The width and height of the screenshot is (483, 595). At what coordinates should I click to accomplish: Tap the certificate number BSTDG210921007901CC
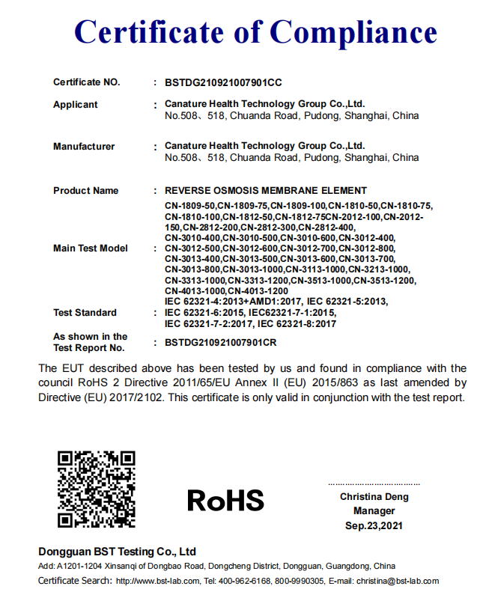coord(223,82)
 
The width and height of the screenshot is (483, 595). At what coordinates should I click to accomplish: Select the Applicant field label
coord(75,105)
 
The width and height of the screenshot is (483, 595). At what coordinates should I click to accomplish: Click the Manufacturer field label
coord(84,147)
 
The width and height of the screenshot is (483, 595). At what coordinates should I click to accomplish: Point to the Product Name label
coord(85,191)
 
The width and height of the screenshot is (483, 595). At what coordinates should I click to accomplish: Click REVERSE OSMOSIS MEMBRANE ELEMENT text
coord(266,191)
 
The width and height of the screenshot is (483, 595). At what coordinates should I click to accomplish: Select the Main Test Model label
coord(91,248)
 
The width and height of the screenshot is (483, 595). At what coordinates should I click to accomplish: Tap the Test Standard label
coord(85,313)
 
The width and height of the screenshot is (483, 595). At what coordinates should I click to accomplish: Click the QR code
coord(97,488)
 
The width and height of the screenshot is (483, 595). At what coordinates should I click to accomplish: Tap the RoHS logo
coord(225,499)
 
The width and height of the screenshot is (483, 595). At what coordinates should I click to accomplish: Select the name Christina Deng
coord(374,497)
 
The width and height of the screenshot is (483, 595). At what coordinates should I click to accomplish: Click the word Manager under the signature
coord(374,511)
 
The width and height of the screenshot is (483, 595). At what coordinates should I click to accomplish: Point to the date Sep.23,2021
coord(374,526)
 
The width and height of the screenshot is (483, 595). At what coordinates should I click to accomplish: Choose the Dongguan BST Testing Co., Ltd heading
coord(117,552)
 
